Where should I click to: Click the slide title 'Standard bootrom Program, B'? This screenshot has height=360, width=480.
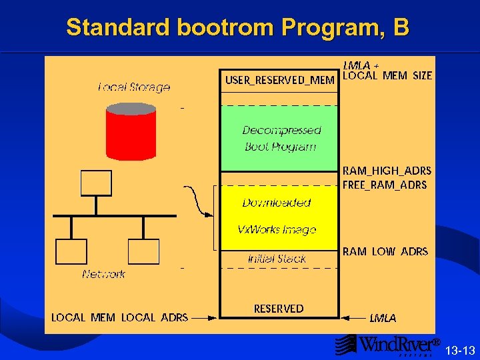238,27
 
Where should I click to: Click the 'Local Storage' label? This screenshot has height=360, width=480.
134,87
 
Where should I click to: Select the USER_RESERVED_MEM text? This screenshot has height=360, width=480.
279,80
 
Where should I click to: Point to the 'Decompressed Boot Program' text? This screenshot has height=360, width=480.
281,138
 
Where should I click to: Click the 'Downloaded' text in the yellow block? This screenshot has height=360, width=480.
277,202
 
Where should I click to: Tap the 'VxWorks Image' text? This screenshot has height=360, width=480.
277,229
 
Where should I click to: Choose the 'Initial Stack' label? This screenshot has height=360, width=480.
277,258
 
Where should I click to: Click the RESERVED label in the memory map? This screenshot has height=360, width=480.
279,309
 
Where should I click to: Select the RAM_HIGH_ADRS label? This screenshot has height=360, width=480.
387,171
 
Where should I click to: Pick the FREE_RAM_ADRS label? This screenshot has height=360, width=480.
385,185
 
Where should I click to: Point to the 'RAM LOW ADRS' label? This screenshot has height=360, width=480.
385,251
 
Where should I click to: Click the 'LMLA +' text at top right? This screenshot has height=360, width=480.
361,65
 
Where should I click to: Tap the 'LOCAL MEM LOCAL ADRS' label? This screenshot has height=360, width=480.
120,317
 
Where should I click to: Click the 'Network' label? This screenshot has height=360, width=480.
104,274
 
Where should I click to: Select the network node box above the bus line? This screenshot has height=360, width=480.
96,183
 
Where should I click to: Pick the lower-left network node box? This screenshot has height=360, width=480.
71,251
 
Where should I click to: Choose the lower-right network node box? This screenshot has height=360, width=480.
143,251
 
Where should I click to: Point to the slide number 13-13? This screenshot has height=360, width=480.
460,350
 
